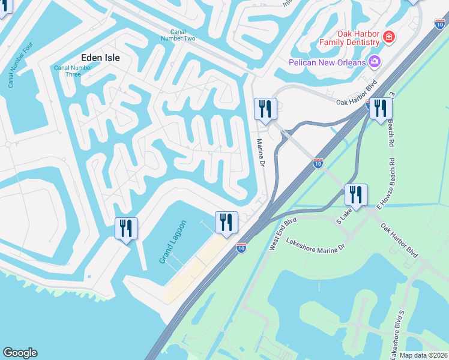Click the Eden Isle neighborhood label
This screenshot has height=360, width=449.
pyautogui.click(x=100, y=58)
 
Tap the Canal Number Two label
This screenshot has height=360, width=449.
pyautogui.click(x=178, y=35)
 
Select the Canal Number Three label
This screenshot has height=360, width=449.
pyautogui.click(x=73, y=71)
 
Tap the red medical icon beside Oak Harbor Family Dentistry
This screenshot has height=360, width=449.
pyautogui.click(x=389, y=37)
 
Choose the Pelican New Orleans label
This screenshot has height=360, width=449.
pyautogui.click(x=327, y=62)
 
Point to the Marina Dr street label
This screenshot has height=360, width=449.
pyautogui.click(x=261, y=153)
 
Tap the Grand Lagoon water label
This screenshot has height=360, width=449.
pyautogui.click(x=173, y=242)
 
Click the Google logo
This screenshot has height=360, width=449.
pyautogui.click(x=20, y=353)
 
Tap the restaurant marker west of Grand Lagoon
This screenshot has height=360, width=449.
pyautogui.click(x=126, y=229)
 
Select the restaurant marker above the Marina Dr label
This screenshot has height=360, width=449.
pyautogui.click(x=264, y=109)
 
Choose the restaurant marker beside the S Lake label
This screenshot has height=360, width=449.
pyautogui.click(x=356, y=195)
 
